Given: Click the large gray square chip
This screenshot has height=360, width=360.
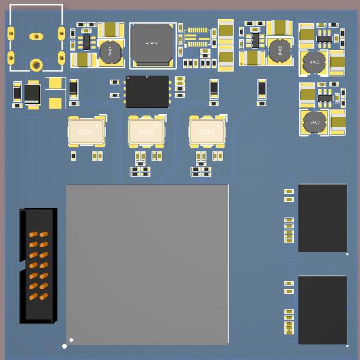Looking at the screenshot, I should [147, 264].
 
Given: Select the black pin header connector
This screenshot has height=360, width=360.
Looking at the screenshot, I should [38, 265].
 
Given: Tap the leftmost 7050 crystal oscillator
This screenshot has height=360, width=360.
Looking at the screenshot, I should [87, 132].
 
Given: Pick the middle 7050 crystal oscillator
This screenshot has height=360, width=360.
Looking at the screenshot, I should [147, 132].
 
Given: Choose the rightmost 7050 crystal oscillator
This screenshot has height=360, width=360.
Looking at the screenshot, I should [208, 132].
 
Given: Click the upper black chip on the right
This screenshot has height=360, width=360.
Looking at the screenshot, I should [323, 217].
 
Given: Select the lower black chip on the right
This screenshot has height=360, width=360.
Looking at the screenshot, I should [323, 309].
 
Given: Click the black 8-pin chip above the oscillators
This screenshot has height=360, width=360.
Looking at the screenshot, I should [147, 91].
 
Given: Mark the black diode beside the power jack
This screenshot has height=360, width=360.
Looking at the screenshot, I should [32, 94].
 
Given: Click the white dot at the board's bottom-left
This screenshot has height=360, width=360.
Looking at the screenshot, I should [65, 346].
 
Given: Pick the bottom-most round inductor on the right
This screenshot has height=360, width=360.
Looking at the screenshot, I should [313, 122].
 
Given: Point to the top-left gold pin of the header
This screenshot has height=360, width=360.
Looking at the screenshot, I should [32, 234].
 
